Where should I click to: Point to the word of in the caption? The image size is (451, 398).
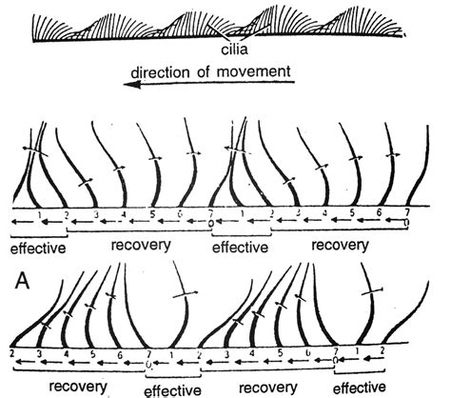pyautogui.click(x=211, y=72)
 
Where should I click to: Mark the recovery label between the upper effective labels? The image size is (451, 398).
pyautogui.click(x=140, y=246)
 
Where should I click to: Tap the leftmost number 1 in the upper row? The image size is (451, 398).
pyautogui.click(x=36, y=215)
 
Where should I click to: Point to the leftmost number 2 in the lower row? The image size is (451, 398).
pyautogui.click(x=10, y=353)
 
